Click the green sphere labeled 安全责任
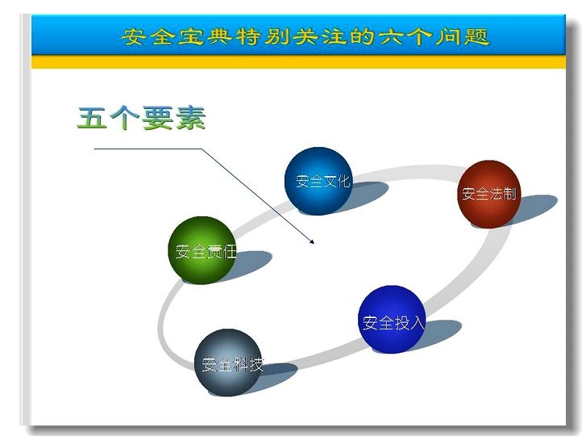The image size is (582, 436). click(202, 250)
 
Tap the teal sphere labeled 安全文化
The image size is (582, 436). click(318, 181)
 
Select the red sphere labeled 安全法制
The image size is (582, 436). click(488, 194)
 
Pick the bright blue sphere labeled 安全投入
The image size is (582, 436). click(392, 319)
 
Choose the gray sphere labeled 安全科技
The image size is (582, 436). click(227, 363)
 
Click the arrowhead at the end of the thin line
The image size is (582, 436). click(312, 241)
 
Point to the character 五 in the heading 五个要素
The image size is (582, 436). click(91, 118)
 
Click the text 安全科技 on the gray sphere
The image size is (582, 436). click(233, 365)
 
